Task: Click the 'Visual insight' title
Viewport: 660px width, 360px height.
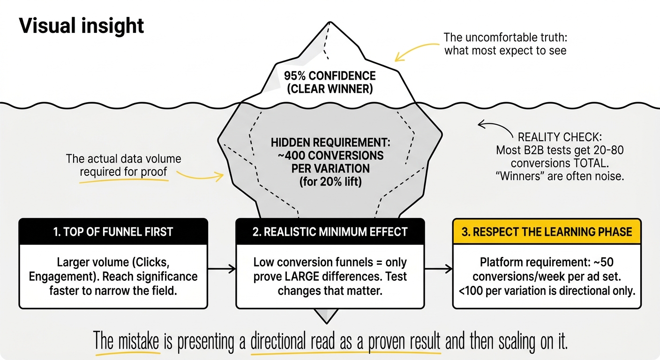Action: click(81, 26)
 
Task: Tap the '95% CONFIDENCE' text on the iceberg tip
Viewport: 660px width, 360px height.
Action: click(330, 76)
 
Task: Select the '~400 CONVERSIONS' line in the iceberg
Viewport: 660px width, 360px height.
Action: click(330, 156)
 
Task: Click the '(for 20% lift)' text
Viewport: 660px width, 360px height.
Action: click(330, 181)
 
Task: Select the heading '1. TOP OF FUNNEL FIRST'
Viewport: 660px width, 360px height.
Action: click(113, 232)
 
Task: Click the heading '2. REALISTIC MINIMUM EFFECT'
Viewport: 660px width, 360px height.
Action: click(330, 232)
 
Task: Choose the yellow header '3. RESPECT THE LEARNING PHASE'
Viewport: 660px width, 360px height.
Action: click(547, 232)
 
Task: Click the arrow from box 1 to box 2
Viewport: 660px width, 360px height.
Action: click(222, 269)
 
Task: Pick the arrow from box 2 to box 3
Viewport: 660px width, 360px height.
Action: click(438, 269)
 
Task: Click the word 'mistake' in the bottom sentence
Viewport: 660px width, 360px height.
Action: click(139, 342)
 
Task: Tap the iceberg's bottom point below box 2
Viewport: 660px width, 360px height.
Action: click(326, 323)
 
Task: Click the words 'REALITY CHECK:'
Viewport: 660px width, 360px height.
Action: click(560, 137)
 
